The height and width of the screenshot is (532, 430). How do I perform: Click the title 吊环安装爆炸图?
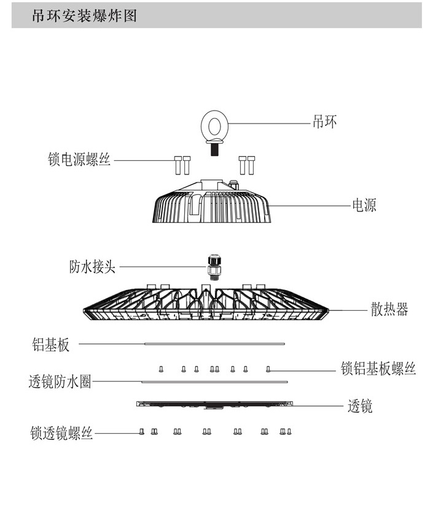[x=84, y=16]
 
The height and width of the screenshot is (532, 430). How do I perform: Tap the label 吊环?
[x=325, y=122]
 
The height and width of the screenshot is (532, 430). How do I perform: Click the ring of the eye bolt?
[x=215, y=125]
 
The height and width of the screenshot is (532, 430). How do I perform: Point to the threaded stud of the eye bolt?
[x=215, y=149]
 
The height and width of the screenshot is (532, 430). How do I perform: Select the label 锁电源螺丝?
[x=79, y=160]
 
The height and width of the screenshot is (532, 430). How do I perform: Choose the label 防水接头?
[x=92, y=267]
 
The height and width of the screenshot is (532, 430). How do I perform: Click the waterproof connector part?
[x=213, y=265]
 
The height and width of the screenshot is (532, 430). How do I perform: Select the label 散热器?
[x=389, y=309]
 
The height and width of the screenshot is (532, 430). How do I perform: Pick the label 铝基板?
[x=51, y=345]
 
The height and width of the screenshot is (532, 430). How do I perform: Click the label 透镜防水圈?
[x=60, y=382]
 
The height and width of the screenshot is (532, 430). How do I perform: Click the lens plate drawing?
[x=215, y=405]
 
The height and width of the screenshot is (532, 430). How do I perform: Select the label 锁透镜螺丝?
[x=61, y=433]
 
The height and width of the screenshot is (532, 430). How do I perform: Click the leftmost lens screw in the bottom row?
[x=142, y=432]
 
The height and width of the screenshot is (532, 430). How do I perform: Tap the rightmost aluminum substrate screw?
[x=267, y=369]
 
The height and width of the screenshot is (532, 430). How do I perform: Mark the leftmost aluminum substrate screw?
[x=161, y=369]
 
